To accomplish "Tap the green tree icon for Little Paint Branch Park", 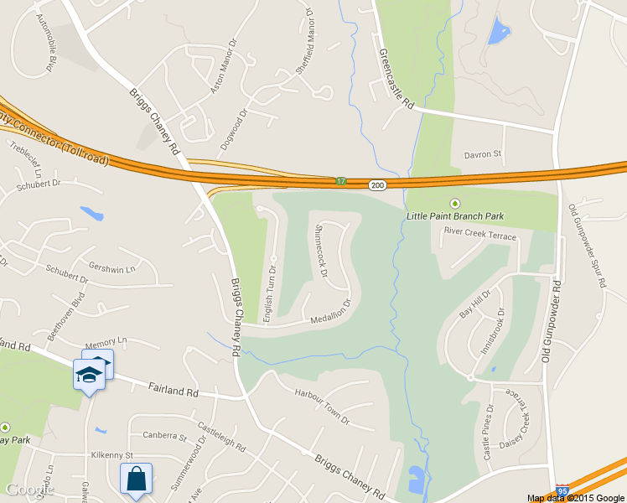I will coord(455,203).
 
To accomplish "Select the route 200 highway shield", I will coord(377,184).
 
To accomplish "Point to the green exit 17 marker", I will coord(341,181).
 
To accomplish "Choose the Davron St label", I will coord(482,154).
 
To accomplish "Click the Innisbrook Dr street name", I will coord(495,332).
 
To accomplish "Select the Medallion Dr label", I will coord(332,310).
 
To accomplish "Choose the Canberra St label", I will coord(163,436).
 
